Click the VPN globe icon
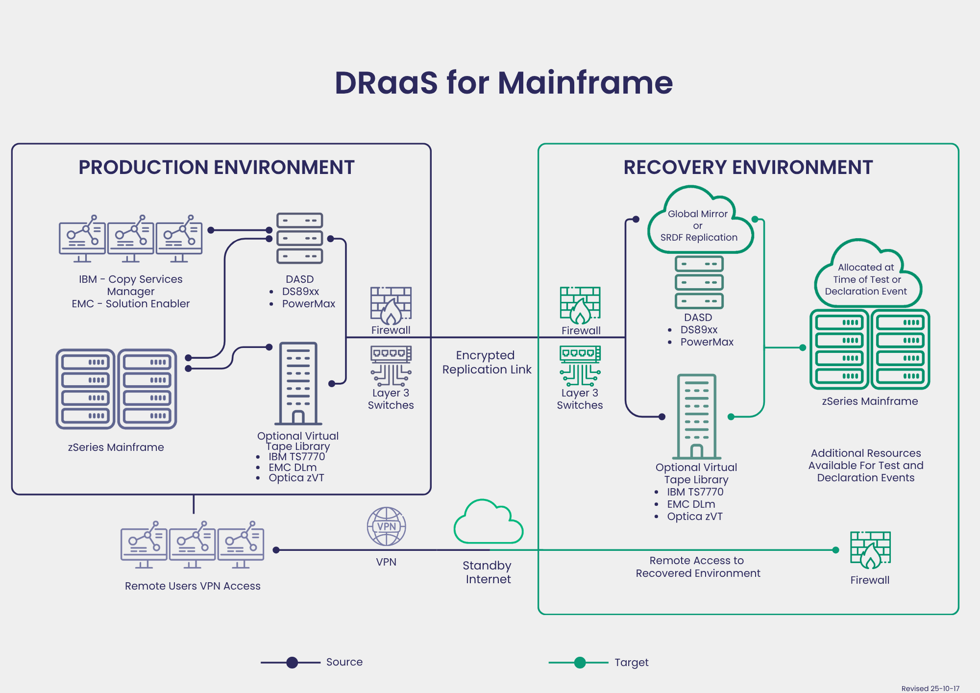click(386, 526)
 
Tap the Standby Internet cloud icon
click(488, 523)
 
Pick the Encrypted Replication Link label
click(487, 362)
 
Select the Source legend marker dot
click(292, 663)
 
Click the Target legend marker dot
click(580, 663)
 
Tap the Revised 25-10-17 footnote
click(930, 688)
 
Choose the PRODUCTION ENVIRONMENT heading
click(216, 167)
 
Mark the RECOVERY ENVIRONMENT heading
click(748, 167)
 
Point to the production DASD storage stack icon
click(299, 238)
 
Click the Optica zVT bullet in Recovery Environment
click(694, 517)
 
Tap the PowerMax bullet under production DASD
click(308, 304)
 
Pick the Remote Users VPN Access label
click(193, 586)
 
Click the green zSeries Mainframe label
click(870, 401)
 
